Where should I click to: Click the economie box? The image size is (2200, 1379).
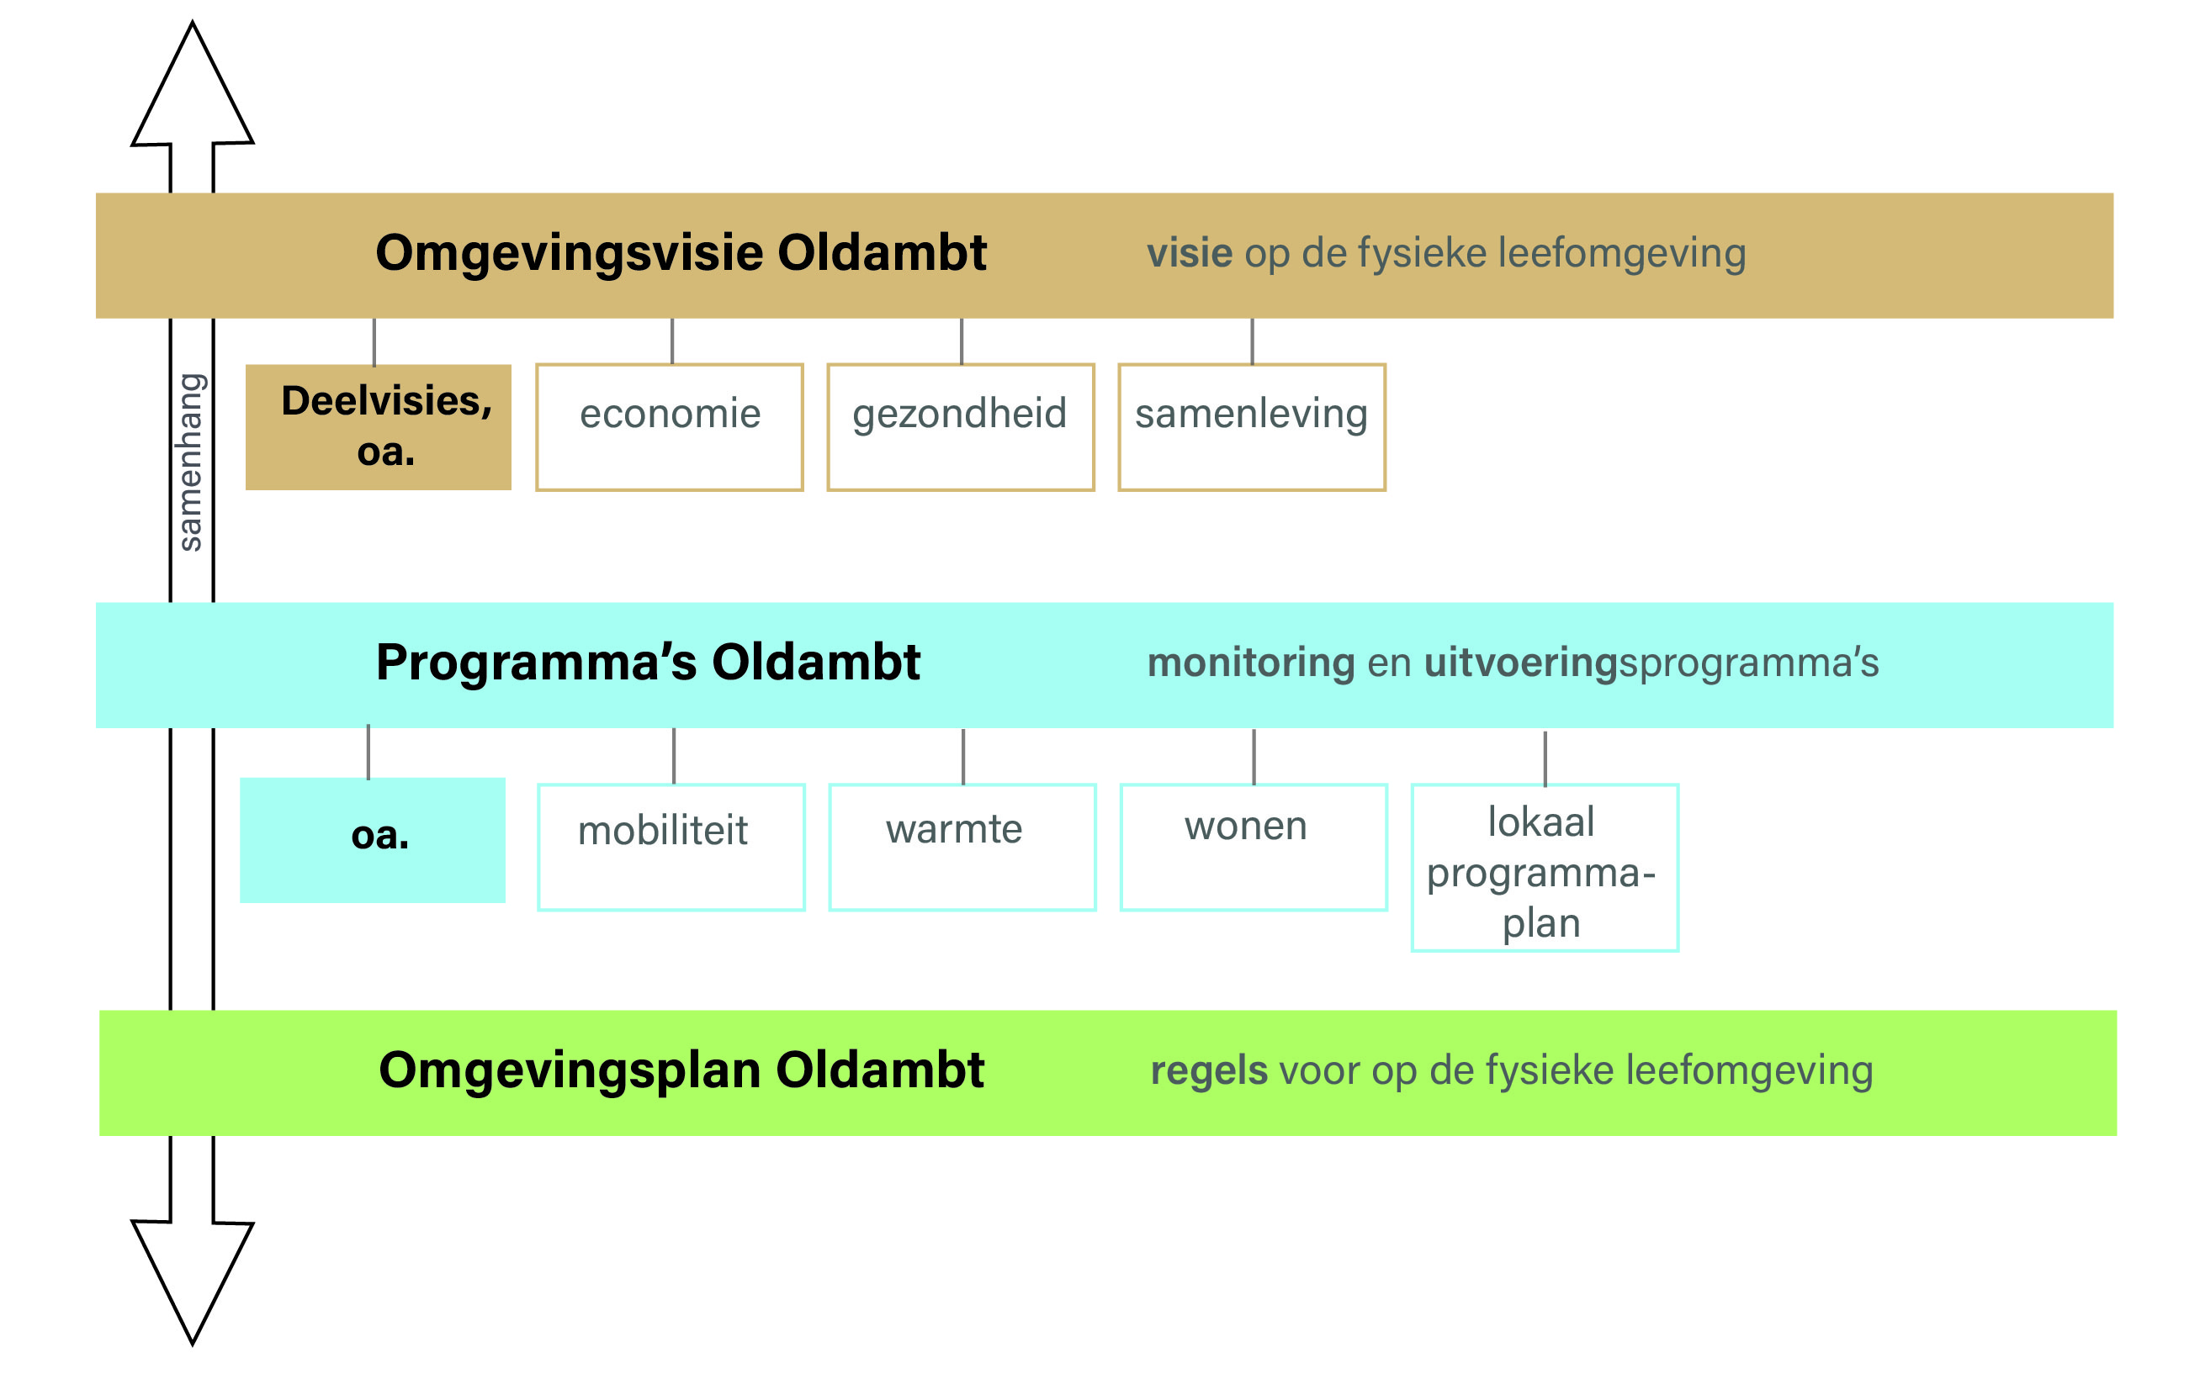[669, 427]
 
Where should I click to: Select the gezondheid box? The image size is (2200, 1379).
[960, 427]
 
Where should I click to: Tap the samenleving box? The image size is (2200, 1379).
[1251, 427]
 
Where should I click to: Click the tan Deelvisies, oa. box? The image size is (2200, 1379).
[378, 427]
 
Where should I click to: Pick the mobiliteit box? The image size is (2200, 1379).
[671, 847]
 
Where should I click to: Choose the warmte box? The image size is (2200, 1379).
[962, 847]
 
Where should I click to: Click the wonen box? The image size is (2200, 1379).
[1253, 847]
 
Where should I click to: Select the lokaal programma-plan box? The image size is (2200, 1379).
[1544, 868]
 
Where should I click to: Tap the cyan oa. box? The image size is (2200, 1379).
[373, 839]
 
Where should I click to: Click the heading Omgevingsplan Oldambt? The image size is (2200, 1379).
[681, 1070]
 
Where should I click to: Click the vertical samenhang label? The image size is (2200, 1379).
[190, 462]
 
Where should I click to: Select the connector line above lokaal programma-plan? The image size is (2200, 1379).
[1544, 757]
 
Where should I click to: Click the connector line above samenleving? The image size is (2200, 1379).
[1251, 341]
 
